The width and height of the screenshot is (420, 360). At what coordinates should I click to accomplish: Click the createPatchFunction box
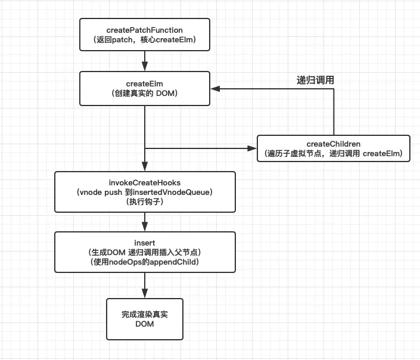pos(145,35)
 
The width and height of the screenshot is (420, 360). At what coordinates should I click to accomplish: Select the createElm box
pos(145,89)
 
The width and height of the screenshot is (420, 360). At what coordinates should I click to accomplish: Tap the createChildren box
pos(334,148)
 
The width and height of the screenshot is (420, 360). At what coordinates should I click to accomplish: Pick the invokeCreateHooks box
pos(144,192)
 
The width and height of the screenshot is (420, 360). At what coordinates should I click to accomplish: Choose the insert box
pos(144,252)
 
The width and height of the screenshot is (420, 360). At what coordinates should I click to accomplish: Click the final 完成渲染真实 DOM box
pos(144,319)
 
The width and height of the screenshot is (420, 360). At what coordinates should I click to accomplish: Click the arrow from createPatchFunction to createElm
pos(145,61)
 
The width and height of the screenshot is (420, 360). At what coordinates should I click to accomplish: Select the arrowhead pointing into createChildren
pos(252,148)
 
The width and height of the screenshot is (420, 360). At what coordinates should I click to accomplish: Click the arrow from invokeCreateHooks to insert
pos(145,222)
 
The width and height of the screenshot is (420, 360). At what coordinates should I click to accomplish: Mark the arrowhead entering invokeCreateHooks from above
pos(145,167)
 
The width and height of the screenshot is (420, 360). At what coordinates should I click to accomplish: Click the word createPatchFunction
pos(145,29)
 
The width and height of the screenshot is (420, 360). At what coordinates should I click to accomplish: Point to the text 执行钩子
pos(144,202)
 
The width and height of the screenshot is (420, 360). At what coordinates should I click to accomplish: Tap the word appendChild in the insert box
pos(172,262)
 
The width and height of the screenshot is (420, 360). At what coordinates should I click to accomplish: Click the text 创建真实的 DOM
pos(145,94)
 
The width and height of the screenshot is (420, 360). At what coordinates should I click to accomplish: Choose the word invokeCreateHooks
pos(144,182)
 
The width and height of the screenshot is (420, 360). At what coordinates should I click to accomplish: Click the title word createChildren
pos(334,144)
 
